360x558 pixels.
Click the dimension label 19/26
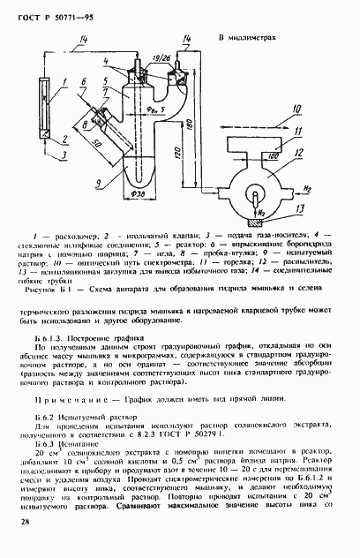point(160,57)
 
